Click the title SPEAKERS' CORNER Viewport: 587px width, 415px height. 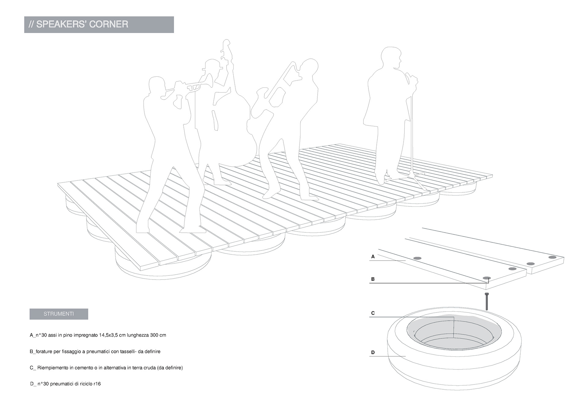pyautogui.click(x=82, y=24)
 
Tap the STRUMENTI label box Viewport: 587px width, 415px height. pyautogui.click(x=59, y=314)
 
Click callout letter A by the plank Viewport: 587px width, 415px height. pyautogui.click(x=373, y=257)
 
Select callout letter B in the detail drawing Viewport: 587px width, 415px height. pyautogui.click(x=373, y=279)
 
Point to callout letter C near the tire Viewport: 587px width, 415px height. pyautogui.click(x=373, y=313)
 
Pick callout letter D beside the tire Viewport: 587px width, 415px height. pyautogui.click(x=373, y=352)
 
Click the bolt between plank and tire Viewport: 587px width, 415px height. pyautogui.click(x=486, y=301)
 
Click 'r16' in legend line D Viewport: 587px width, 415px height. pyautogui.click(x=97, y=384)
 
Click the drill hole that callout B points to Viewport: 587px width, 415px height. pyautogui.click(x=486, y=278)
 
